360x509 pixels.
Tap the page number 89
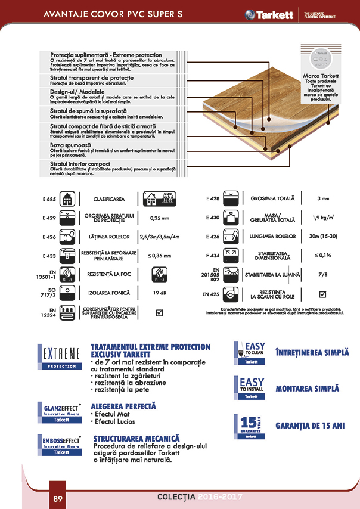click(58, 498)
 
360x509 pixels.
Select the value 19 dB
click(159, 293)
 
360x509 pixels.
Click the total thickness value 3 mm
click(323, 198)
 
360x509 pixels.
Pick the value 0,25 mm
click(159, 218)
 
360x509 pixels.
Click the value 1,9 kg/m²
click(323, 218)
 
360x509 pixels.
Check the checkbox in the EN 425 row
click(323, 293)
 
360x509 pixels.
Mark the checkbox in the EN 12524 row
click(159, 312)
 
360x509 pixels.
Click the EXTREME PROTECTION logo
click(59, 356)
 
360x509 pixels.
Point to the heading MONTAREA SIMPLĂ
click(307, 389)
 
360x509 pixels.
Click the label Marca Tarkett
click(321, 77)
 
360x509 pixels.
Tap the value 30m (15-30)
click(323, 237)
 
